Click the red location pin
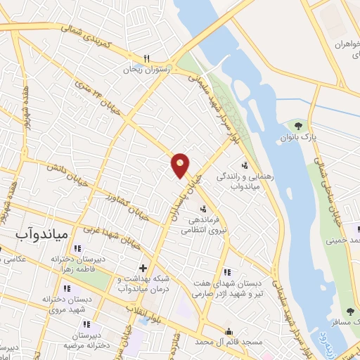coord(181,165)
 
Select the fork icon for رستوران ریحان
coord(147,58)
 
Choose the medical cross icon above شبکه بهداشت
coord(143,268)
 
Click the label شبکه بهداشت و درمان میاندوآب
coord(146,284)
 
